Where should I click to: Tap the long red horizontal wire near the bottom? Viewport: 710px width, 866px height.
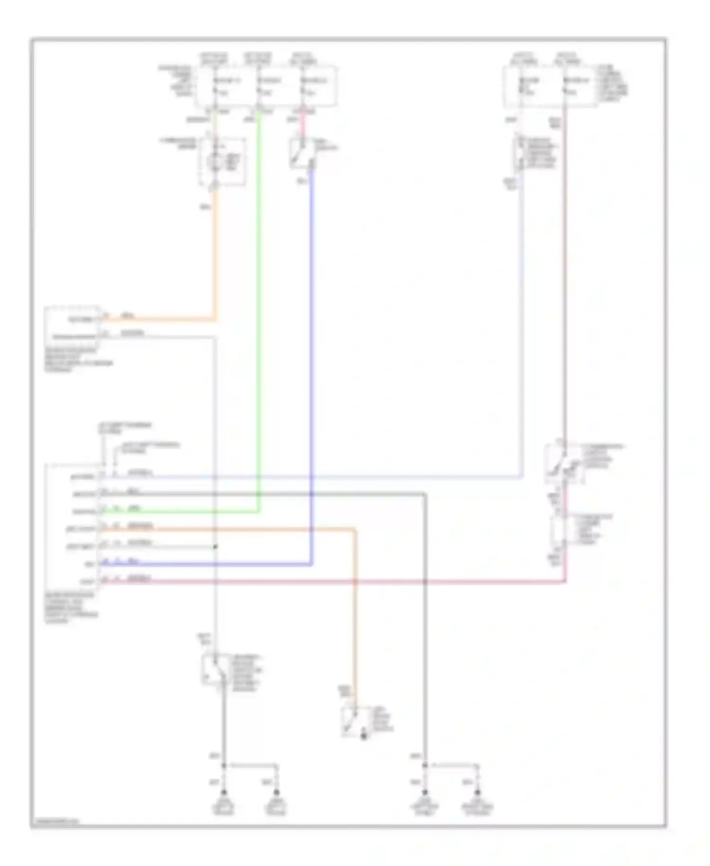point(331,582)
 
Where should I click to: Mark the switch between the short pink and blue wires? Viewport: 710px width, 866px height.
point(302,154)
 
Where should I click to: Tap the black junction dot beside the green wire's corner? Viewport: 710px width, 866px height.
point(215,547)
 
